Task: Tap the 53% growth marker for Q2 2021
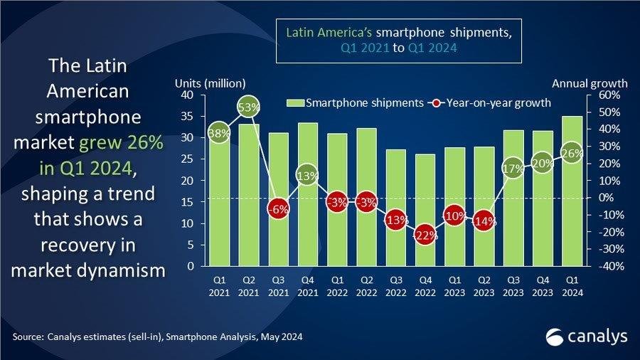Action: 248,108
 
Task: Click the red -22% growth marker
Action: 425,236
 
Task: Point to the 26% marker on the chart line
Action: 572,152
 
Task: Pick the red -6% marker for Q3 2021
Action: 278,209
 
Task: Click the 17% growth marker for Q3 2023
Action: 513,169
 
